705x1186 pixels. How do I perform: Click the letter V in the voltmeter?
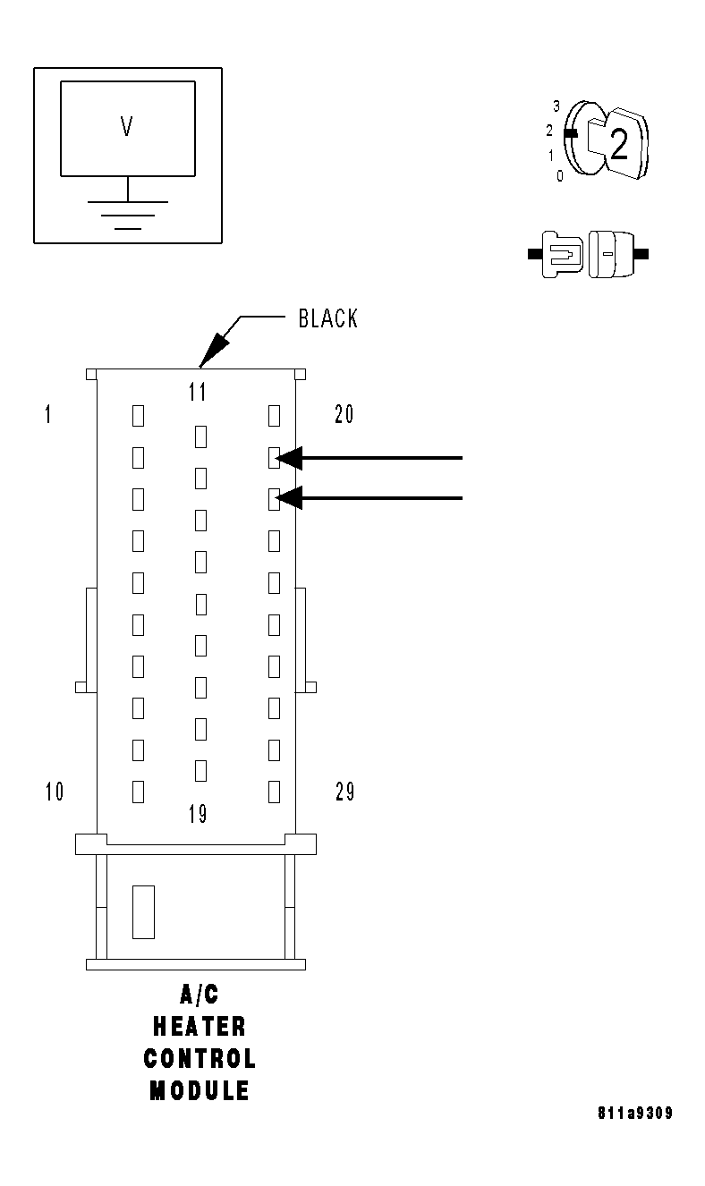(x=127, y=127)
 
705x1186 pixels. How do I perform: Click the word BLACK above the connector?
(x=327, y=319)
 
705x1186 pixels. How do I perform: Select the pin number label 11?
(x=198, y=392)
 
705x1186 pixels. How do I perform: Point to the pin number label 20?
(x=344, y=414)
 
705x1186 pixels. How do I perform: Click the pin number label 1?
(x=47, y=414)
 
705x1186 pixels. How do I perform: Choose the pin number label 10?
(x=54, y=792)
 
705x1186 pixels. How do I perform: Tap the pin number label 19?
(x=198, y=814)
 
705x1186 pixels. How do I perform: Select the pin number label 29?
(x=344, y=792)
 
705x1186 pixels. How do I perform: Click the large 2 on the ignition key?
(x=618, y=145)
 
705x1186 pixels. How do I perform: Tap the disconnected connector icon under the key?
(x=589, y=254)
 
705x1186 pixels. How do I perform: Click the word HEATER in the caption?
(x=199, y=1026)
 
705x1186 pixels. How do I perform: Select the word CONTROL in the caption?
(x=200, y=1059)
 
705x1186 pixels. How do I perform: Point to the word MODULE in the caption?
(x=199, y=1091)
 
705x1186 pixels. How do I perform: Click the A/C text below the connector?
(x=199, y=994)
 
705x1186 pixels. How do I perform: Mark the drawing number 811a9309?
(x=634, y=1114)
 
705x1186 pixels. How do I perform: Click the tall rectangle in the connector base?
(x=143, y=912)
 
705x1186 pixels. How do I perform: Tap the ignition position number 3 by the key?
(x=556, y=106)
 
